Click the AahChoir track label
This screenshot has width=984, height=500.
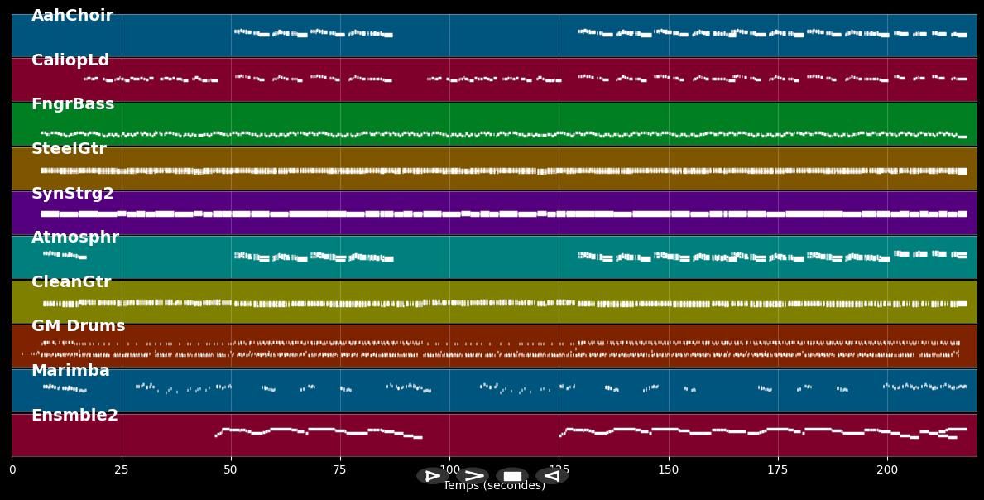coord(72,16)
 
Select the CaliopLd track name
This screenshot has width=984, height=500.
coord(70,60)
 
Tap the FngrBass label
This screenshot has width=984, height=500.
coord(73,104)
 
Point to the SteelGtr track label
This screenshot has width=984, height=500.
coord(69,149)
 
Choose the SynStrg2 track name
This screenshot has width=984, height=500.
coord(73,194)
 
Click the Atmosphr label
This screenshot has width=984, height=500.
coord(75,238)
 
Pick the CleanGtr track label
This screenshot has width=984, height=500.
coord(71,282)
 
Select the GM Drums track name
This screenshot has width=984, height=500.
coord(79,326)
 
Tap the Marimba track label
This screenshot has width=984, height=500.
coord(70,371)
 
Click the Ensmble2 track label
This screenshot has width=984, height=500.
coord(74,416)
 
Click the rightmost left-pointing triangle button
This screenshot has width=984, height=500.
coord(551,476)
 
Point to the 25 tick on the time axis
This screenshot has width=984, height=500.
coord(122,469)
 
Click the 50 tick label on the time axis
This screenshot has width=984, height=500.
coord(231,469)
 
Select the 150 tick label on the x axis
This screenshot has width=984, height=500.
coord(668,469)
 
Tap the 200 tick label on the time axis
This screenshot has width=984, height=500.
coord(887,469)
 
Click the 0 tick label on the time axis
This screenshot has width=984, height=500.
coord(12,469)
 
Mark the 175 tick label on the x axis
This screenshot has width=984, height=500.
coord(778,469)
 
